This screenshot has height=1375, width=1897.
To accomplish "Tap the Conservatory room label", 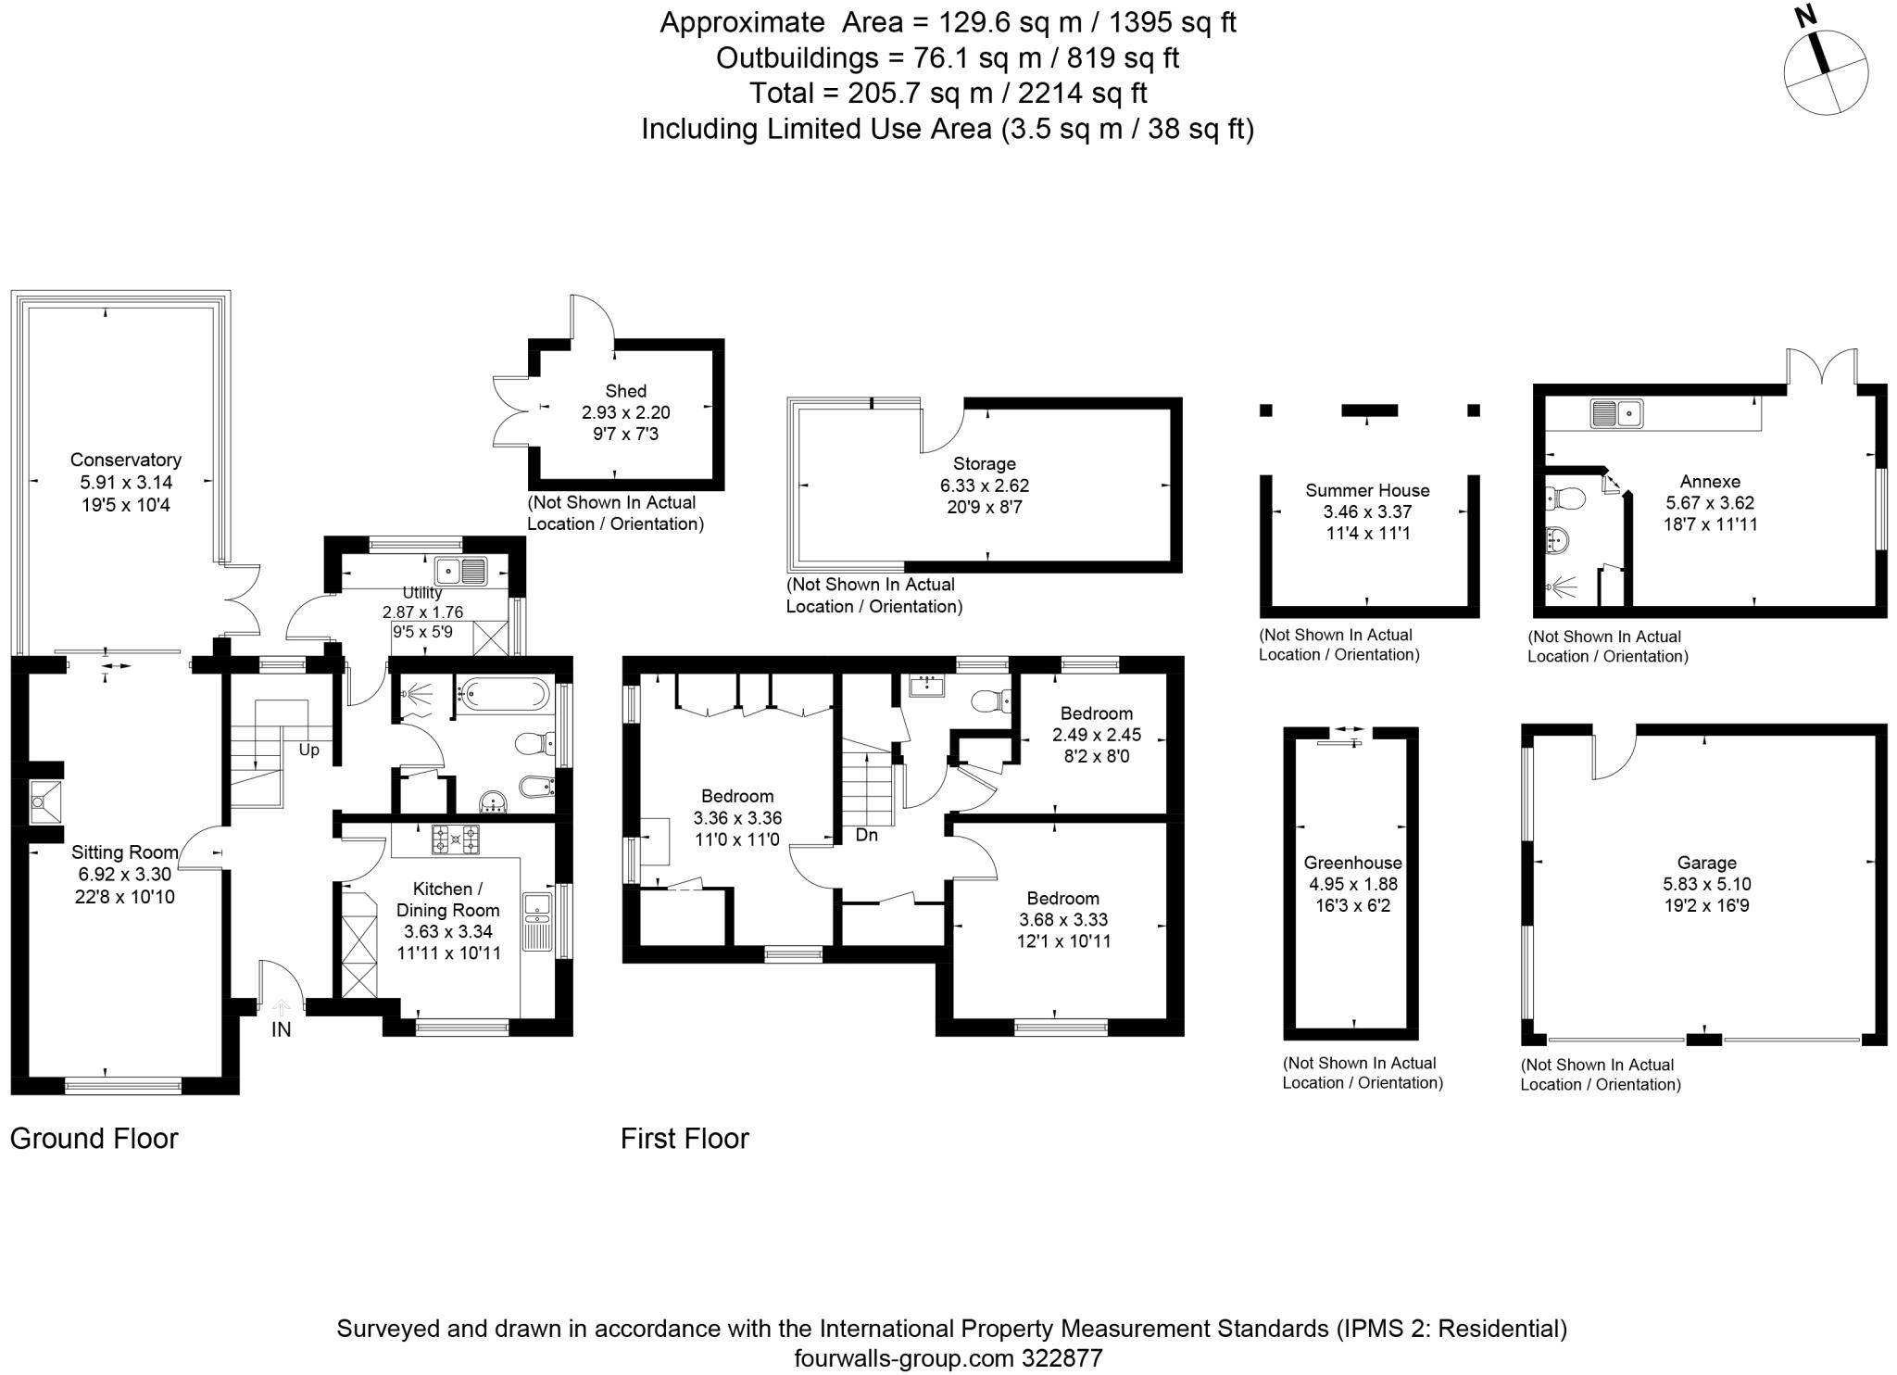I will pyautogui.click(x=125, y=460).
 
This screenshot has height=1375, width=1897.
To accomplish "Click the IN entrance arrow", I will pyautogui.click(x=281, y=1009).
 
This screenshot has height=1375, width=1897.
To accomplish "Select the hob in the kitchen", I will pyautogui.click(x=455, y=839).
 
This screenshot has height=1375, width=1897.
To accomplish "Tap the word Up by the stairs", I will pyautogui.click(x=308, y=750).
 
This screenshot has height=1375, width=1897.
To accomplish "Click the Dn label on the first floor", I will pyautogui.click(x=866, y=835).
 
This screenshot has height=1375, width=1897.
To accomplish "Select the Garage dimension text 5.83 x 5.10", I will pyautogui.click(x=1706, y=884).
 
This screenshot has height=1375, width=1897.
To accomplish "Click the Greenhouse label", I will pyautogui.click(x=1352, y=863).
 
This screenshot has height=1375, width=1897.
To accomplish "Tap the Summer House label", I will pyautogui.click(x=1367, y=490).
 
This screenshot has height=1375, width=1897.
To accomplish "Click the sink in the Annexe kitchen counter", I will pyautogui.click(x=1616, y=413).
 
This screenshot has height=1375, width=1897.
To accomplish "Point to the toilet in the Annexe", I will pyautogui.click(x=1564, y=499).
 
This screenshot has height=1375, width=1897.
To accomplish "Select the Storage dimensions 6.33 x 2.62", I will pyautogui.click(x=984, y=486).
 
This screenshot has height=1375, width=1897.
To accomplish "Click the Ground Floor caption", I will pyautogui.click(x=94, y=1138).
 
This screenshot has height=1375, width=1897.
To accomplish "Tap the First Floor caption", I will pyautogui.click(x=685, y=1138).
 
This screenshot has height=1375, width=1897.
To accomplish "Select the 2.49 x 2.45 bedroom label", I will pyautogui.click(x=1097, y=735).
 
